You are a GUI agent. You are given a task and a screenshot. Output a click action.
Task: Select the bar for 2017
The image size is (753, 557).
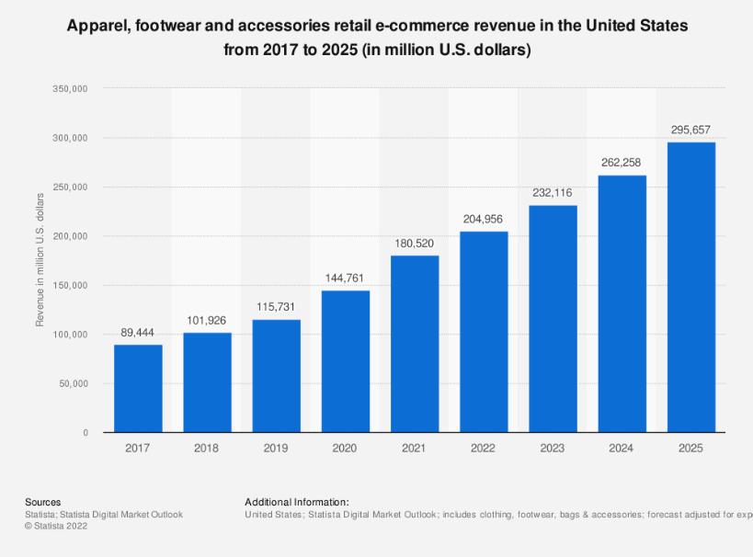click(138, 388)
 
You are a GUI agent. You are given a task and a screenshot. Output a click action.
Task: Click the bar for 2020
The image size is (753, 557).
click(346, 361)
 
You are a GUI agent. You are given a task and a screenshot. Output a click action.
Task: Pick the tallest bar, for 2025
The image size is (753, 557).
click(691, 287)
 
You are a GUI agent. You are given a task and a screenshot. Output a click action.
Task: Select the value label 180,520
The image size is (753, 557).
click(415, 244)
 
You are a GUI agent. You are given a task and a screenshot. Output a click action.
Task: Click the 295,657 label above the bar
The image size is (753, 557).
click(691, 131)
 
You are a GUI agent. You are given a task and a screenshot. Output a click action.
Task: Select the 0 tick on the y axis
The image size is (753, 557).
click(85, 432)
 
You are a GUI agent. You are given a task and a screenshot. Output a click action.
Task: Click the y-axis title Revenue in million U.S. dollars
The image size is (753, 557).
click(40, 260)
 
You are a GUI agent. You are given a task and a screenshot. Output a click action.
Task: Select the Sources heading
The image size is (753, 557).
click(43, 502)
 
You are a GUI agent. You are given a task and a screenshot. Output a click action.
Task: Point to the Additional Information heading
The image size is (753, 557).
click(297, 502)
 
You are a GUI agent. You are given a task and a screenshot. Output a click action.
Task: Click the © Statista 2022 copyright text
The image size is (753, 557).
click(57, 526)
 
